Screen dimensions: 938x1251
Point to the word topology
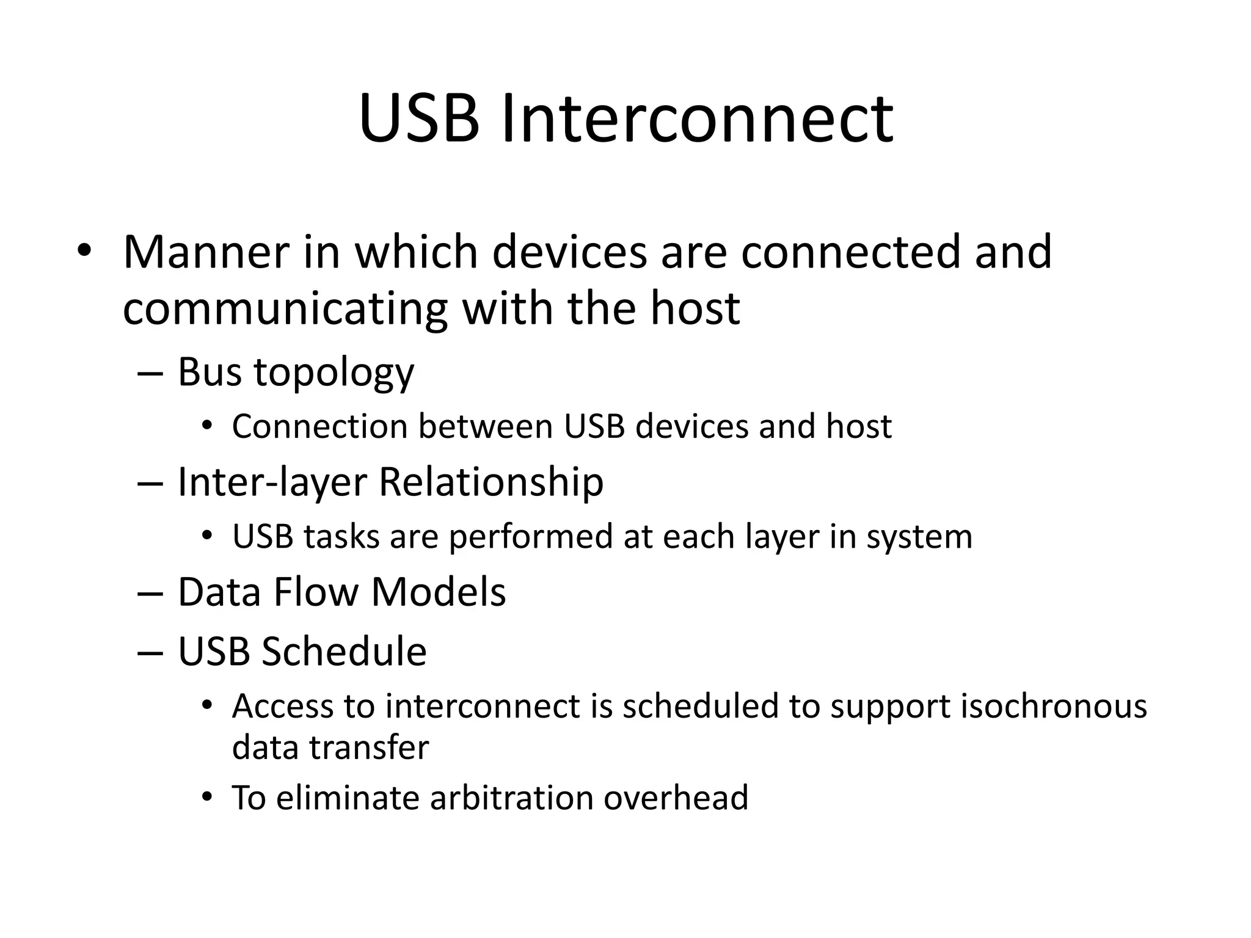[x=334, y=373]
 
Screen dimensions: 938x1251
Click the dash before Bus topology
[x=150, y=373]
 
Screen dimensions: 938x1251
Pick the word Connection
[x=319, y=426]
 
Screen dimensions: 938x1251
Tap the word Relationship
[x=491, y=482]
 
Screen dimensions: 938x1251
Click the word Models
[x=439, y=592]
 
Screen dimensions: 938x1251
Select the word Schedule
[x=344, y=651]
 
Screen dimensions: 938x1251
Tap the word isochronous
[x=1054, y=707]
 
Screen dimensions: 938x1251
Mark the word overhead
[x=676, y=798]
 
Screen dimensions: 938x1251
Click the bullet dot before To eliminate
[x=207, y=796]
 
